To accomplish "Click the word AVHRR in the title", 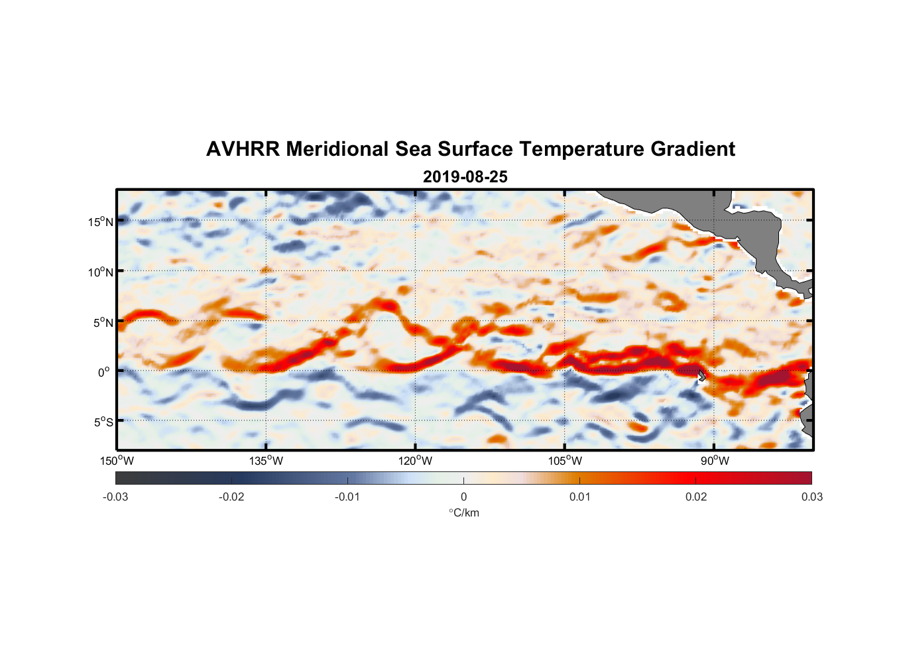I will [x=243, y=149].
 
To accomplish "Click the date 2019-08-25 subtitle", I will [x=465, y=177].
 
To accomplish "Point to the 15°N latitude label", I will [x=101, y=221].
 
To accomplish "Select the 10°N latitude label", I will [x=101, y=272].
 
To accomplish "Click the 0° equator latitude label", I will [x=104, y=372].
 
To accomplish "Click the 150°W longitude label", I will [x=117, y=461].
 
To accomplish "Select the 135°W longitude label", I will [x=266, y=461].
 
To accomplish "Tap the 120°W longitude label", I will [x=415, y=461].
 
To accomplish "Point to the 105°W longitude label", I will [x=565, y=461].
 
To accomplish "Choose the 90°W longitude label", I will [x=715, y=461].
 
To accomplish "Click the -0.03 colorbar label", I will [x=115, y=497].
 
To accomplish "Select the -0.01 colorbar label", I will [x=347, y=497].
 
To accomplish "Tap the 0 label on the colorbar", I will [x=463, y=497].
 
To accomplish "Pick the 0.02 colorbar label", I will [x=696, y=497].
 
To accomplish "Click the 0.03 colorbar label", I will [x=811, y=497].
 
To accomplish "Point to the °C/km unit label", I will [x=463, y=512].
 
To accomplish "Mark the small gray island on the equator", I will [x=701, y=375].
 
